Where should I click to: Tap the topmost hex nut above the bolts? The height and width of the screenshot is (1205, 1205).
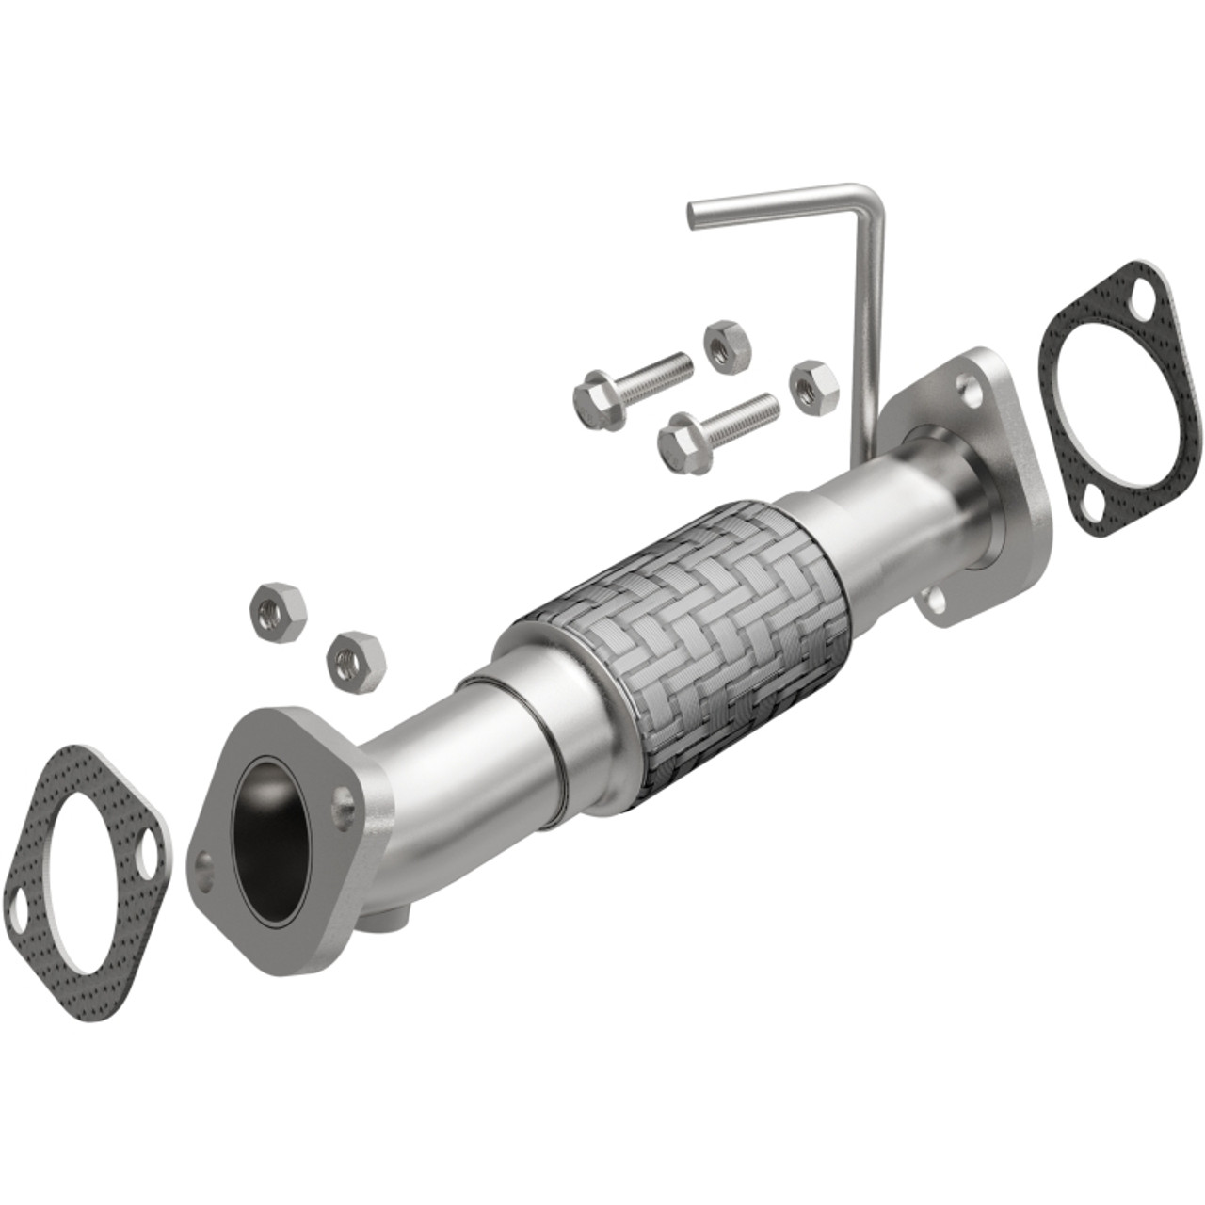pos(726,345)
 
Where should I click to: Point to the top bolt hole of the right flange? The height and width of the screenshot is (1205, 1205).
pos(967,386)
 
